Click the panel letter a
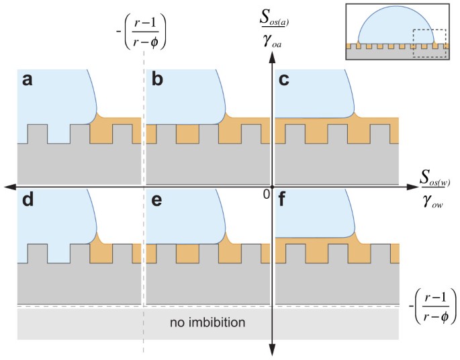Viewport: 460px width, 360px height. point(28,79)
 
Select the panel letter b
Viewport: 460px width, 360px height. point(158,79)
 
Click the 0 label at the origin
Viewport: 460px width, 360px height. point(266,194)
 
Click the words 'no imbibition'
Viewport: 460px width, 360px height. point(209,322)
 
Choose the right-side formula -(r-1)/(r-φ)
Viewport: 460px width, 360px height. point(434,306)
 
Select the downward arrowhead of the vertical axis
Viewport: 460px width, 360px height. point(272,350)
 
